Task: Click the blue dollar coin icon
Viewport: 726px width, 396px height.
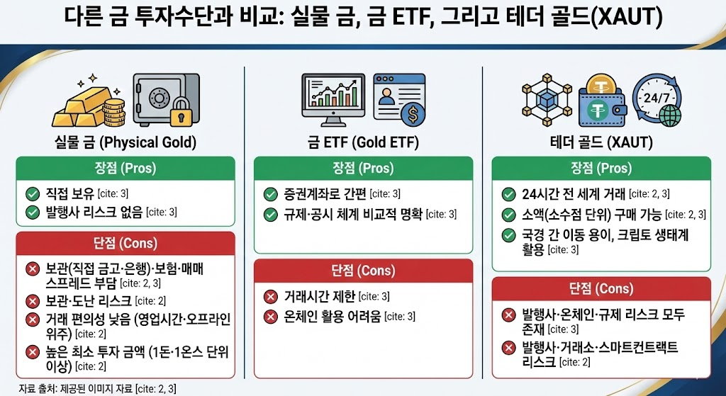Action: [413, 114]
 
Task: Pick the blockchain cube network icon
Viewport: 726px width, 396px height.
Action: [547, 100]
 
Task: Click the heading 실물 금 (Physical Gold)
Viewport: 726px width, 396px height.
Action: [125, 142]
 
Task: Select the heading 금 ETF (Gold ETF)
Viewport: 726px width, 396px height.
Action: [363, 142]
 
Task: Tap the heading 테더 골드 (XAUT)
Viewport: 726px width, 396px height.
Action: [602, 142]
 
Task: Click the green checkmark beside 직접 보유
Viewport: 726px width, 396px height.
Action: [33, 193]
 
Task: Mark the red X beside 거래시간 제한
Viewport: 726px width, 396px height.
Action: [270, 297]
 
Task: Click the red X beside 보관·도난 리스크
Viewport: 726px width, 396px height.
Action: [33, 301]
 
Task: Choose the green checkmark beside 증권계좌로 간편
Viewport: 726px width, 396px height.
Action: [270, 194]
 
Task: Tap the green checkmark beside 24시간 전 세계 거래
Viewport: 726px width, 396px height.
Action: [508, 194]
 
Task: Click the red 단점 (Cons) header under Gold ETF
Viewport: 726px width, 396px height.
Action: [364, 271]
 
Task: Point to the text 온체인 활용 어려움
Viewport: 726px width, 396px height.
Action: [333, 317]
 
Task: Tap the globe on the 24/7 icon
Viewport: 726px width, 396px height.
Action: [670, 115]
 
